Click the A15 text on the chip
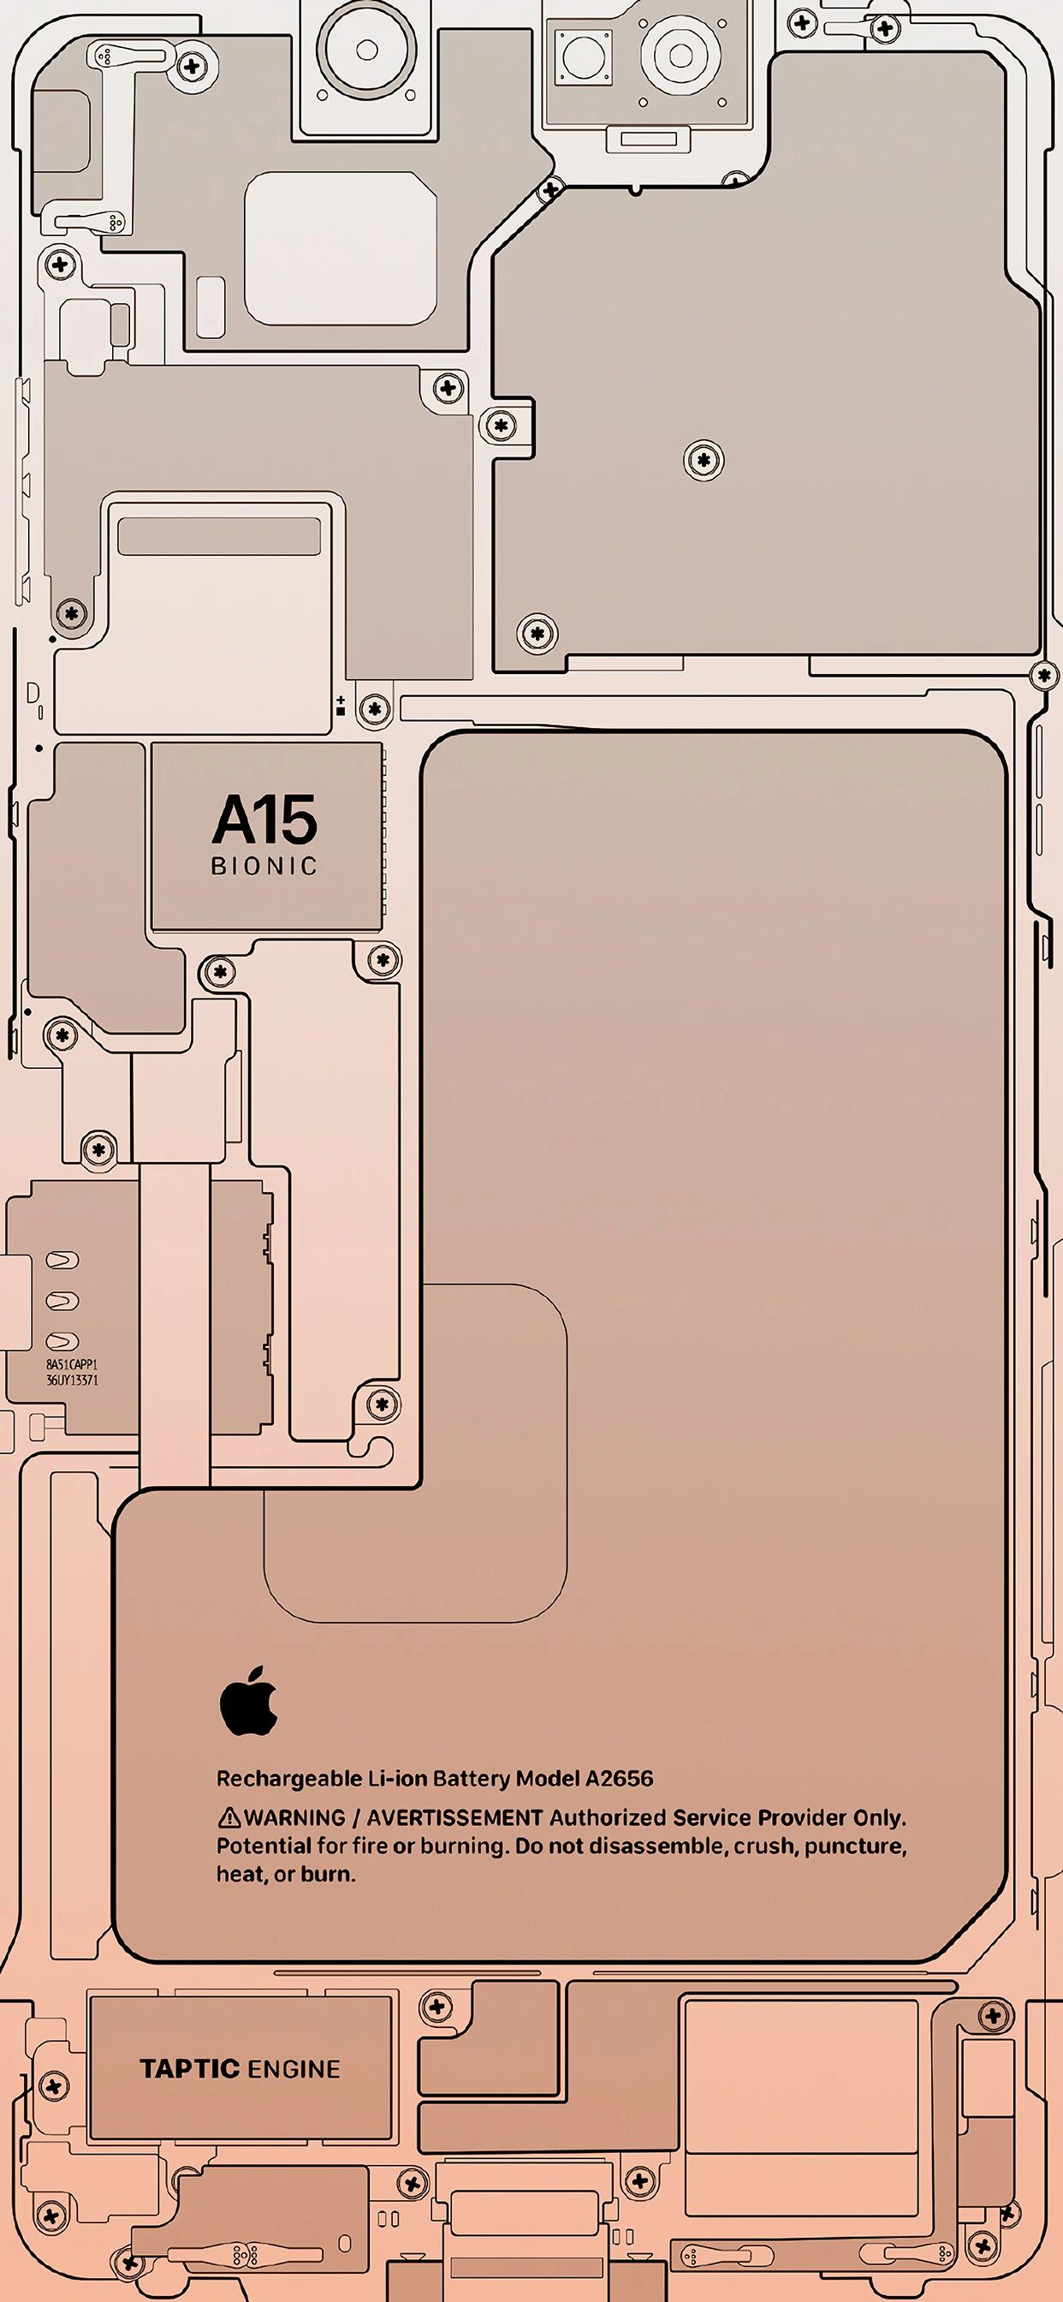pyautogui.click(x=264, y=820)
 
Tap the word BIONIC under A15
pyautogui.click(x=264, y=866)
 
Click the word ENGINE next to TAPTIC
pyautogui.click(x=294, y=2070)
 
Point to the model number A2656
pyautogui.click(x=619, y=1779)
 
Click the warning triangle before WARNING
pyautogui.click(x=229, y=1817)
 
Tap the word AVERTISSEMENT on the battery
pyautogui.click(x=454, y=1817)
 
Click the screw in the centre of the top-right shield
pyautogui.click(x=704, y=460)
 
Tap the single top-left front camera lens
pyautogui.click(x=367, y=50)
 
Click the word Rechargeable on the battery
pyautogui.click(x=289, y=1780)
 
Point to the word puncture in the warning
pyautogui.click(x=854, y=1846)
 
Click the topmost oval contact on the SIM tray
pyautogui.click(x=62, y=1260)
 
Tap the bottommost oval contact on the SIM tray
pyautogui.click(x=62, y=1340)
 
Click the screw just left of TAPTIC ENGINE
pyautogui.click(x=54, y=2088)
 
